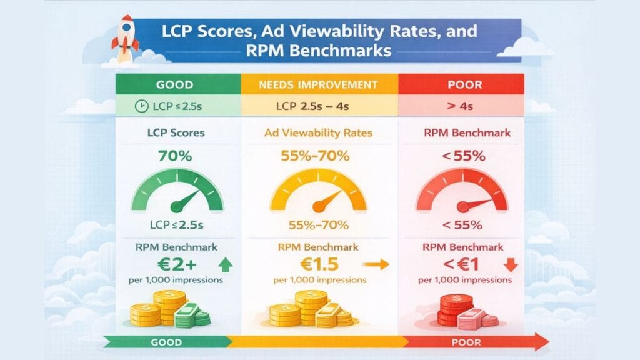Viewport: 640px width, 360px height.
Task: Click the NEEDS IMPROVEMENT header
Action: click(x=319, y=84)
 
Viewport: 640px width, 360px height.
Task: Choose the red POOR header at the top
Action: click(x=461, y=84)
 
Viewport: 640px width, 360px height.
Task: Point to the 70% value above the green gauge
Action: click(x=176, y=156)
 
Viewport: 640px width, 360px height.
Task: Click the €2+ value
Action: click(x=167, y=264)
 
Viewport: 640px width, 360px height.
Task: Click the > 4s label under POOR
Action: click(x=461, y=106)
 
